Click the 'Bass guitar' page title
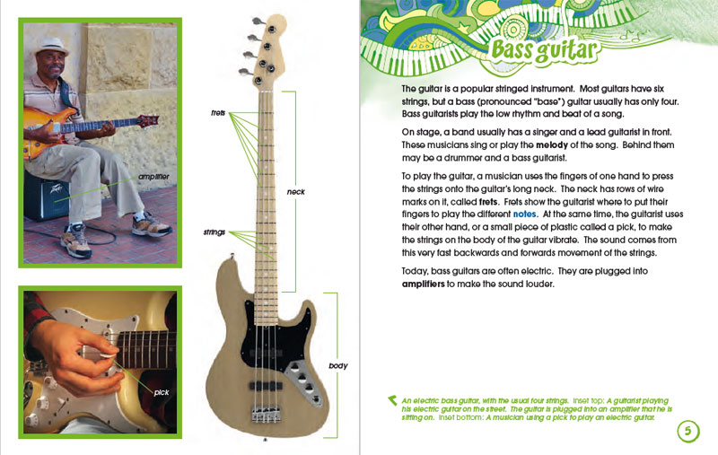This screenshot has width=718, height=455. [x=545, y=50]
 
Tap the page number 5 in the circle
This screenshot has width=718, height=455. [x=687, y=431]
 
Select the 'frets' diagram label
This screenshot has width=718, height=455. [x=218, y=112]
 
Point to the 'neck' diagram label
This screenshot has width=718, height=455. [x=295, y=192]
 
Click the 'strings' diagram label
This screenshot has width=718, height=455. [x=215, y=232]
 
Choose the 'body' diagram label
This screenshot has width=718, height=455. [x=338, y=366]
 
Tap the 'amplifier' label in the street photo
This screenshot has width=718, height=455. [x=153, y=177]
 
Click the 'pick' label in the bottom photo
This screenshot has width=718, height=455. [x=162, y=392]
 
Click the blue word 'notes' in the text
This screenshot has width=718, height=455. [x=524, y=214]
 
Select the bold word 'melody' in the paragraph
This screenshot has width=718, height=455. [x=551, y=145]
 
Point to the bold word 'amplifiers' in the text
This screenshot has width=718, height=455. [x=423, y=284]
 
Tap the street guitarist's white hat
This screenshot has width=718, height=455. [x=51, y=47]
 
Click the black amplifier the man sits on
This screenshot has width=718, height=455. [x=47, y=196]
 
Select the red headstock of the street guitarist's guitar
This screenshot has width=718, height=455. [x=148, y=121]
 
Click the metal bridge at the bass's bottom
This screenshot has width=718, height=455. [x=266, y=415]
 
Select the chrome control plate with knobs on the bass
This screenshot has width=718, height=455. [x=303, y=382]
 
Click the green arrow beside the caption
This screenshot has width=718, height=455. [x=392, y=400]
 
